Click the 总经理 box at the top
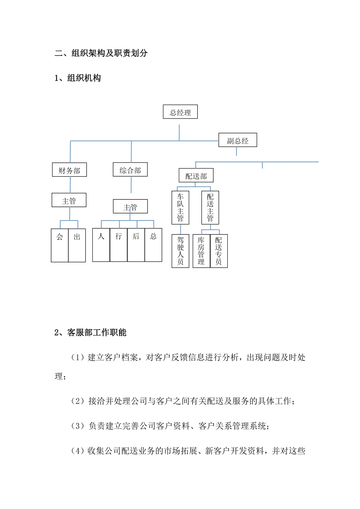180,111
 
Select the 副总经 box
238,140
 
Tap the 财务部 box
69,170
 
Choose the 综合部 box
130,169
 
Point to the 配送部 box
196,175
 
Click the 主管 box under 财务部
69,200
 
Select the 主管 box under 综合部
130,206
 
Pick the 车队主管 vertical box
180,208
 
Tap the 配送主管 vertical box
210,208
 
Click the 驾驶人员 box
180,251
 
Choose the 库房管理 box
201,251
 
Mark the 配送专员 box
219,251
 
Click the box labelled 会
59,246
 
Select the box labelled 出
77,246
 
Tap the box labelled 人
101,245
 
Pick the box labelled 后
136,245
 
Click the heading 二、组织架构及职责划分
101,53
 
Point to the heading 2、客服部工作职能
90,332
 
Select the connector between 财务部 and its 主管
70,185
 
